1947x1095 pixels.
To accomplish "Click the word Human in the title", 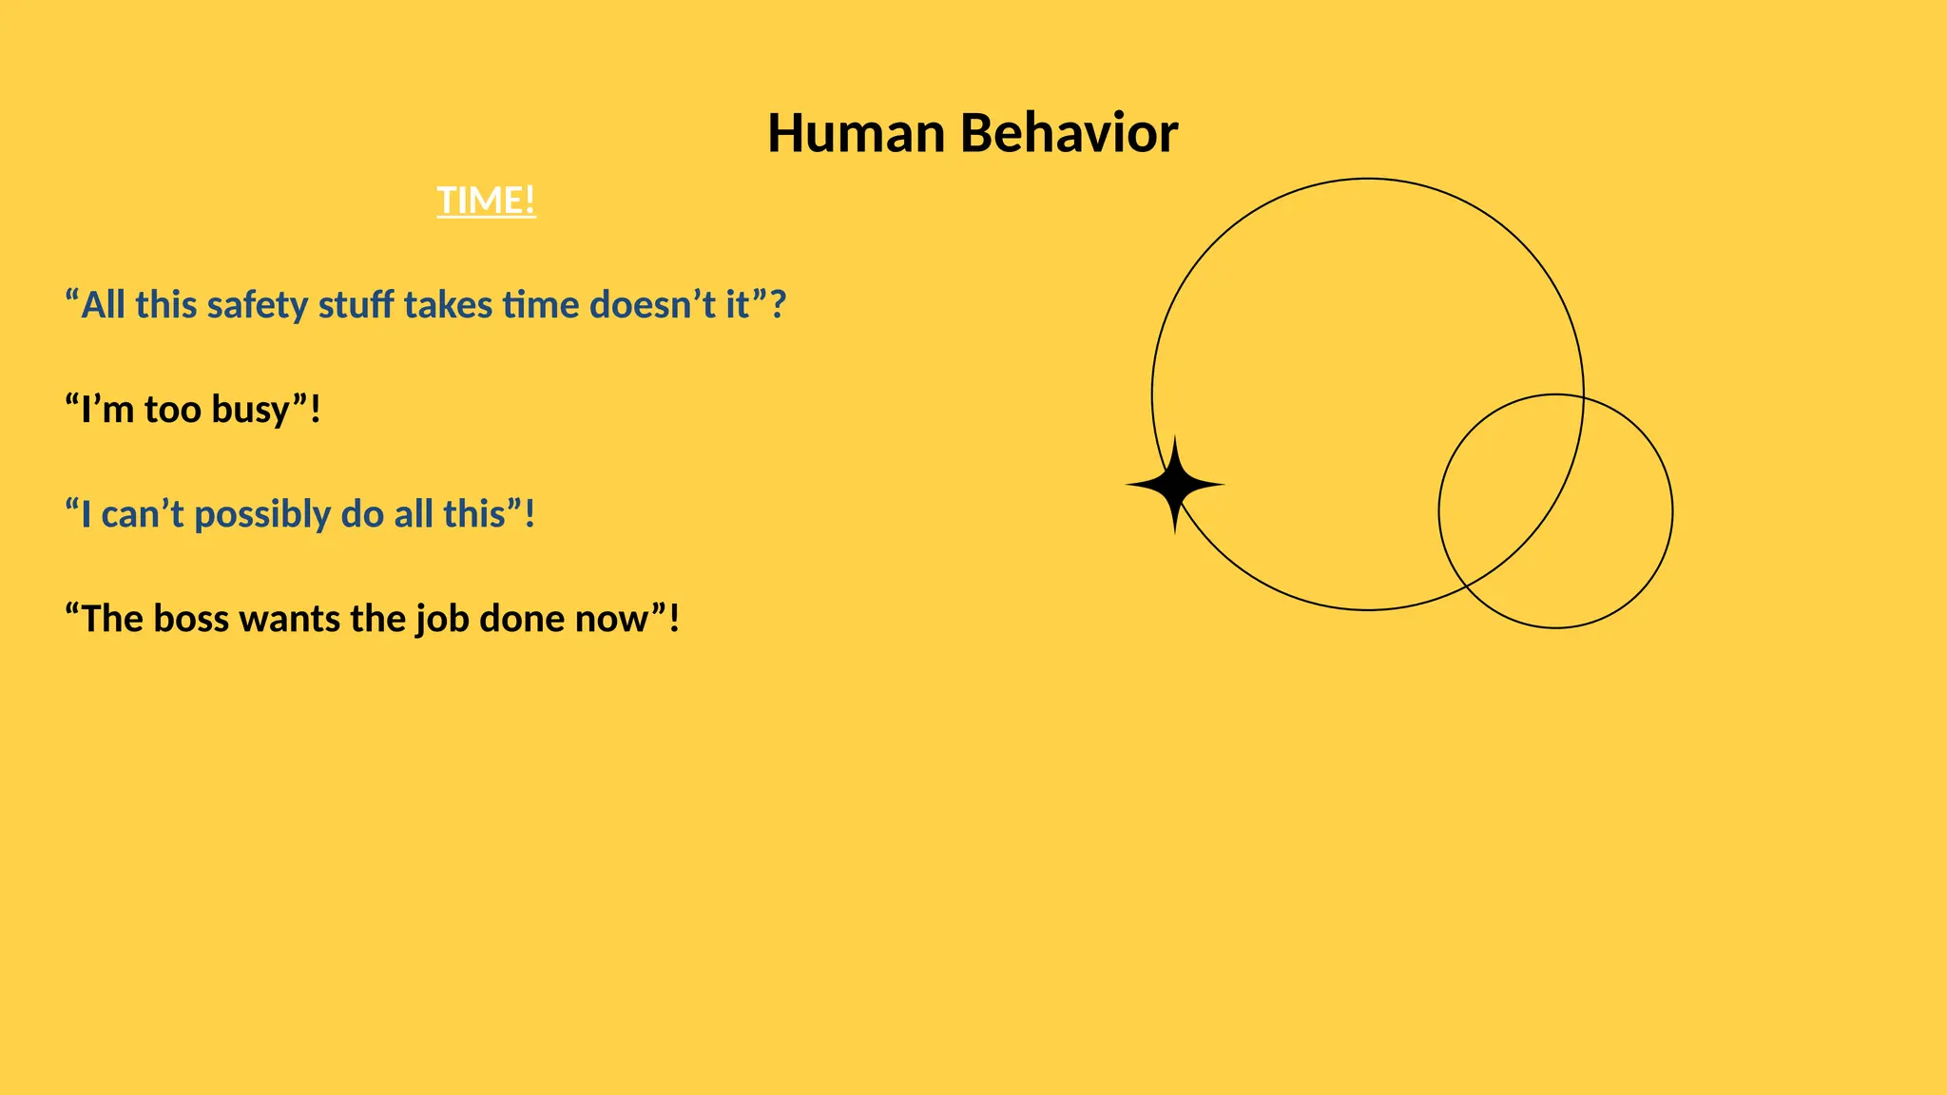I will click(856, 133).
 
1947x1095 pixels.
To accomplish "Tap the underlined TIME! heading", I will click(486, 201).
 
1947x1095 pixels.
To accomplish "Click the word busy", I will click(250, 411).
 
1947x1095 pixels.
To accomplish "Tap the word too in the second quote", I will click(172, 411).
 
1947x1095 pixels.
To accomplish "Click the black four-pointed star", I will click(1175, 485).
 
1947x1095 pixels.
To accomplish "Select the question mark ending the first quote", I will click(778, 306).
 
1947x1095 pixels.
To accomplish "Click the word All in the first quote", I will click(103, 306).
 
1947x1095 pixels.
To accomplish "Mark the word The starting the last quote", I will click(111, 620).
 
